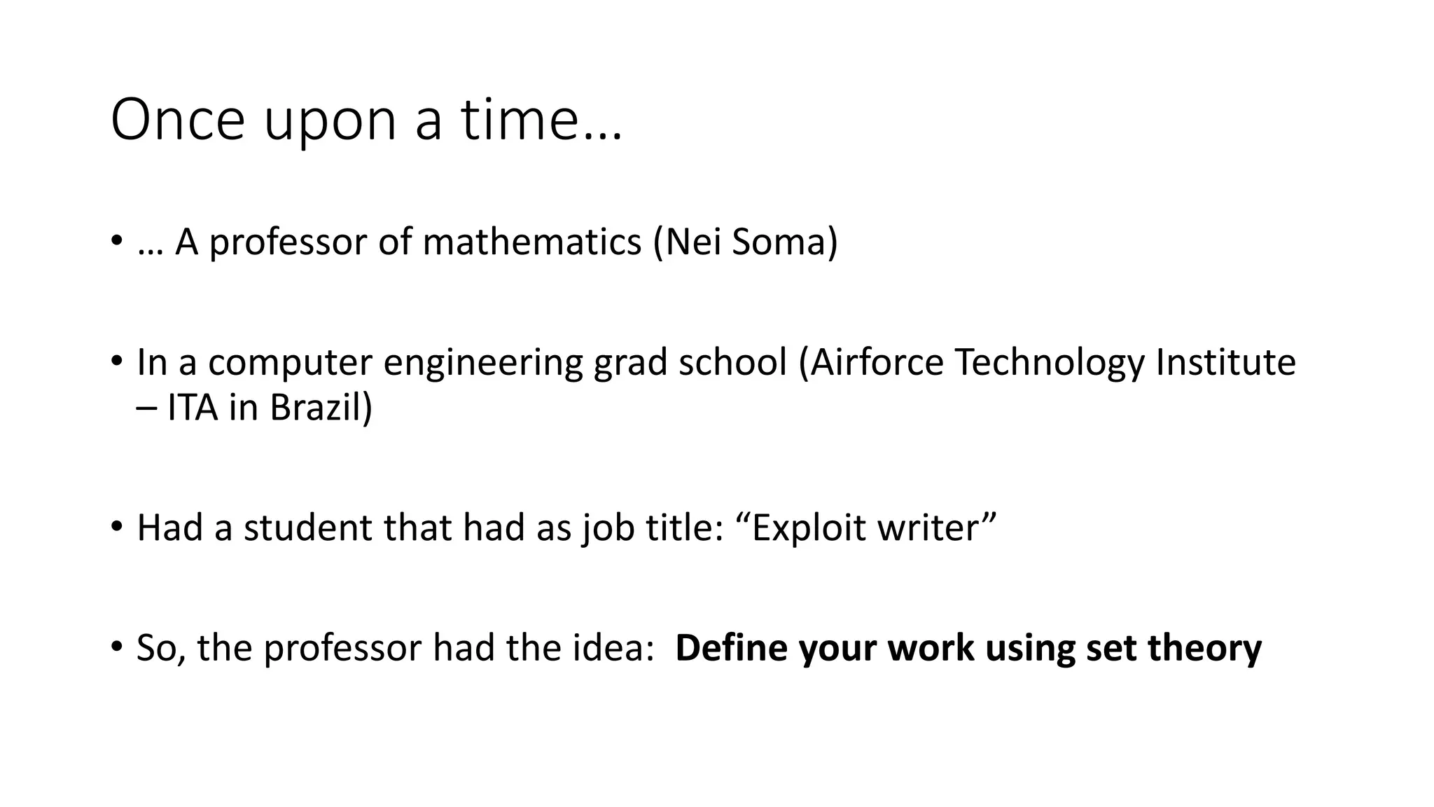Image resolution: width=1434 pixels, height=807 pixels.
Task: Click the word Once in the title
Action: click(x=178, y=120)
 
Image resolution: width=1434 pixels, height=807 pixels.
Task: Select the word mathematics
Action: click(x=532, y=242)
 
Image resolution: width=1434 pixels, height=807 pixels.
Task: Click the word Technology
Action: click(x=1050, y=364)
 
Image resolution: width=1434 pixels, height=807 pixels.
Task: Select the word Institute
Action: click(x=1225, y=364)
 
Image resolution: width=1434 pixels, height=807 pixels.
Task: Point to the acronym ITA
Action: click(x=193, y=407)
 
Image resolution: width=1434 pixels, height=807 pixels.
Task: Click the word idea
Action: click(x=613, y=648)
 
